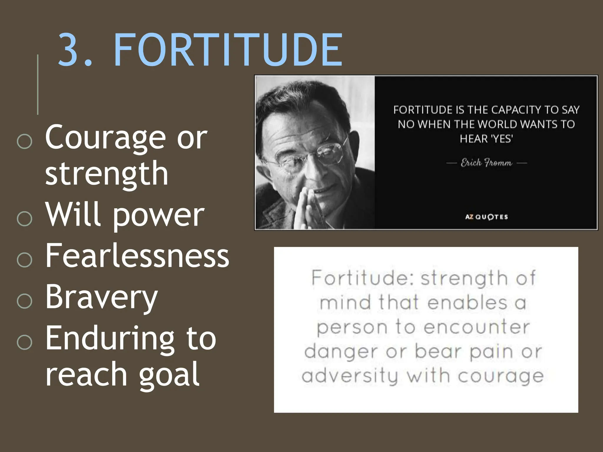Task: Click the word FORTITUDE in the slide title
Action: (x=228, y=50)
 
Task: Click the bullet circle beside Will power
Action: (x=24, y=218)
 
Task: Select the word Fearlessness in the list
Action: (x=137, y=256)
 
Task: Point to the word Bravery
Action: (x=102, y=297)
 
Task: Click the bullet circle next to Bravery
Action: (x=24, y=301)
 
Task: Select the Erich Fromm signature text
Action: (x=486, y=163)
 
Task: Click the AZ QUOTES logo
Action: (x=486, y=217)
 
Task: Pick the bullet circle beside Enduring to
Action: (x=24, y=342)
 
